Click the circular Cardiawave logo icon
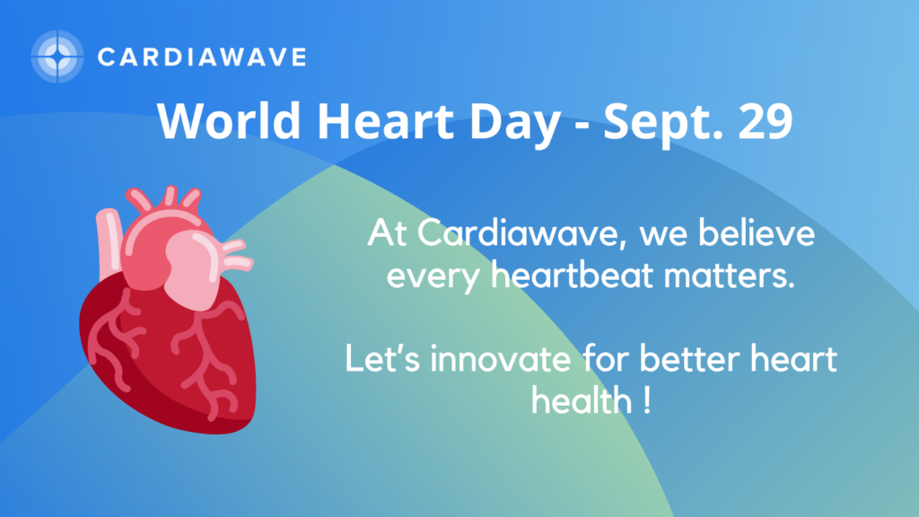tap(57, 57)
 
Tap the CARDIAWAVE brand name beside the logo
tap(202, 57)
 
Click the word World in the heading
tap(229, 120)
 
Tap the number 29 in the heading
tap(766, 121)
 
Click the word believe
tap(757, 232)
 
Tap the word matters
tap(729, 276)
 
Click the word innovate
tap(500, 358)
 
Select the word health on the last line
tap(582, 400)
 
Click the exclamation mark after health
tap(646, 401)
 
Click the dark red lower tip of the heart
tap(234, 424)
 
